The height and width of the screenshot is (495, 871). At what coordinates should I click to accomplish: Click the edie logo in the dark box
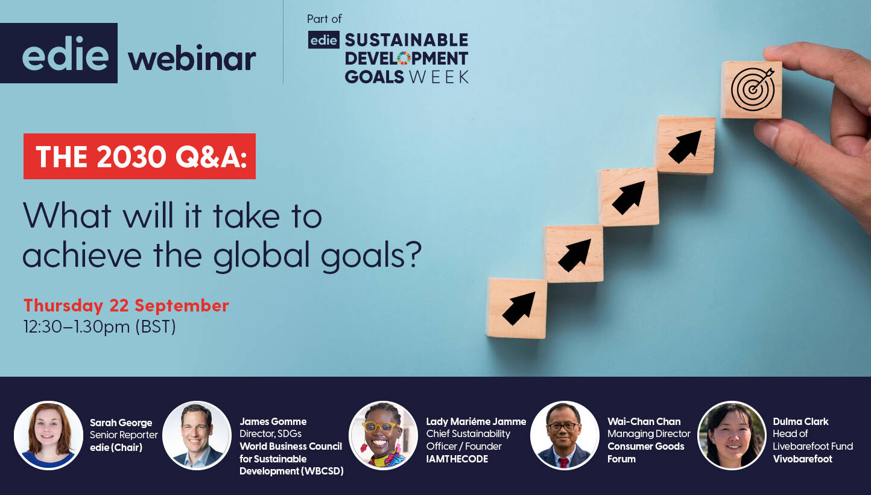pyautogui.click(x=65, y=53)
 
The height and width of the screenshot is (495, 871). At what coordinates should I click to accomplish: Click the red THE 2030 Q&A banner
pyautogui.click(x=139, y=156)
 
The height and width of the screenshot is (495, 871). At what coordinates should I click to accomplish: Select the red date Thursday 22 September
pyautogui.click(x=126, y=305)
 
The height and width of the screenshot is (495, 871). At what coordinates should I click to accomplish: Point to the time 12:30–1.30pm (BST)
pyautogui.click(x=100, y=327)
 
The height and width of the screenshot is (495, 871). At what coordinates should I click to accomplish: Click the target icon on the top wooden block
pyautogui.click(x=752, y=89)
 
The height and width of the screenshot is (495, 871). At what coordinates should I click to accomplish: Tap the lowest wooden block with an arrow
pyautogui.click(x=516, y=308)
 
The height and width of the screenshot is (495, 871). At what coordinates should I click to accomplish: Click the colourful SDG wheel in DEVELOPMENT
pyautogui.click(x=404, y=59)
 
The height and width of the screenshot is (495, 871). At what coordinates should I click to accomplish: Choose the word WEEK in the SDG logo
pyautogui.click(x=439, y=77)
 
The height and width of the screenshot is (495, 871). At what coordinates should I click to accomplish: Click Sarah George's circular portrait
pyautogui.click(x=49, y=435)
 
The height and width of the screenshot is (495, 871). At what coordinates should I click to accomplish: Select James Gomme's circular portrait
pyautogui.click(x=197, y=435)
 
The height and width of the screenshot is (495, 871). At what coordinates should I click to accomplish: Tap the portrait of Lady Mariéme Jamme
pyautogui.click(x=383, y=435)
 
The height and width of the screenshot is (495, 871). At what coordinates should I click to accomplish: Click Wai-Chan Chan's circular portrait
pyautogui.click(x=565, y=435)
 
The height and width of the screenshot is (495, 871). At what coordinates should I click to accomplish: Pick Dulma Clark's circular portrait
pyautogui.click(x=732, y=435)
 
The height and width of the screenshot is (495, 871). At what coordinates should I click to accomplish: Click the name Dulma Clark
pyautogui.click(x=800, y=421)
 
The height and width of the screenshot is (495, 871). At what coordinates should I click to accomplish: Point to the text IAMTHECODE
pyautogui.click(x=457, y=459)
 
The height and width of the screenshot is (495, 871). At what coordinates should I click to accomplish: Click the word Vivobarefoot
pyautogui.click(x=803, y=459)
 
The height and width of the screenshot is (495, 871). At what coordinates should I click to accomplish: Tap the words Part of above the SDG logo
pyautogui.click(x=325, y=19)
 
